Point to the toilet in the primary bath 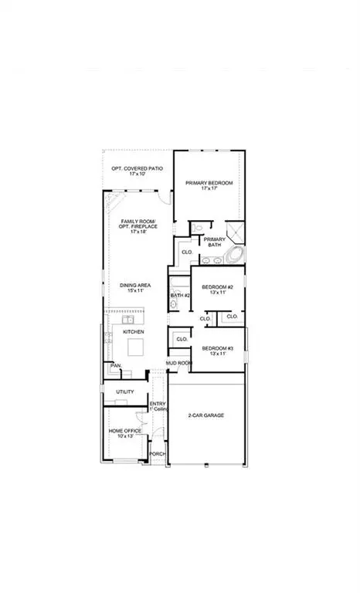click(x=198, y=228)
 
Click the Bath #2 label click(x=180, y=295)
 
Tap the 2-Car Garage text click(x=205, y=415)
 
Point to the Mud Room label click(x=178, y=362)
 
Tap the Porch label click(x=158, y=454)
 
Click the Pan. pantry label click(x=116, y=365)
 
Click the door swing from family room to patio click(x=165, y=199)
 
